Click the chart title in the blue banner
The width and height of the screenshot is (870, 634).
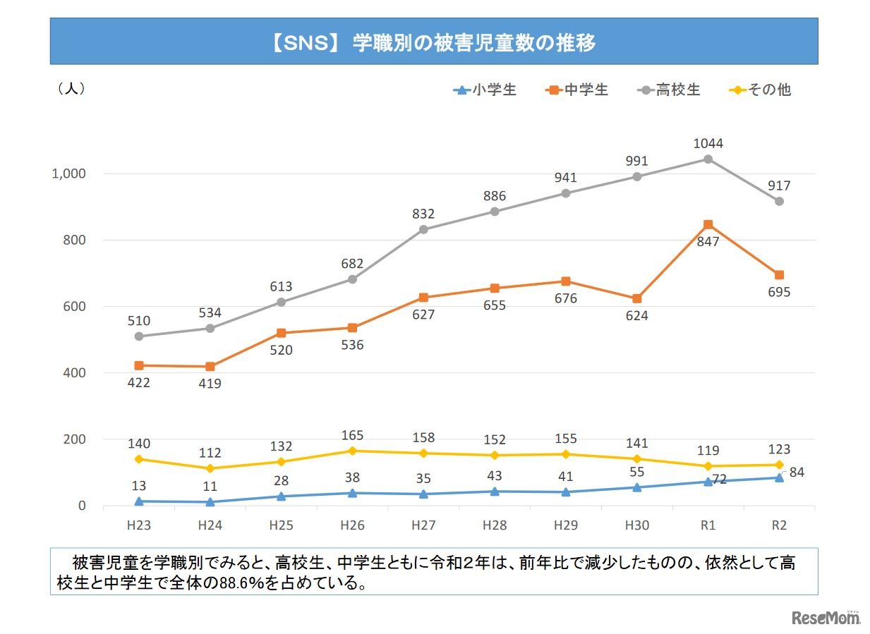tap(433, 43)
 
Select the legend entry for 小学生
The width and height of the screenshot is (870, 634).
tap(485, 90)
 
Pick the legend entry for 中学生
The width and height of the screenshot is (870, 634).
tap(576, 90)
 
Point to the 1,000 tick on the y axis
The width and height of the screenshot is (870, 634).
tap(68, 173)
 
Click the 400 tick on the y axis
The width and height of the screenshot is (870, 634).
tap(74, 373)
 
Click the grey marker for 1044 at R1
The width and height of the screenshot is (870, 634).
tap(708, 159)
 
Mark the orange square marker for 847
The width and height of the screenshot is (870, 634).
tap(708, 224)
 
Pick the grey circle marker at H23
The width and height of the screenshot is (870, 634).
tap(139, 336)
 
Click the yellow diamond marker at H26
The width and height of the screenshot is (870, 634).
tap(352, 451)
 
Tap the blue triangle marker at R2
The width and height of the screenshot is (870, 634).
tap(779, 477)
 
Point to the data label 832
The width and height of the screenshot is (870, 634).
tap(423, 214)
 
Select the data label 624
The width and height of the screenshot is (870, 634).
tap(636, 316)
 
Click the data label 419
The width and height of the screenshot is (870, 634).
tap(210, 384)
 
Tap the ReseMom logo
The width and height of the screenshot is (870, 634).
tap(826, 618)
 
